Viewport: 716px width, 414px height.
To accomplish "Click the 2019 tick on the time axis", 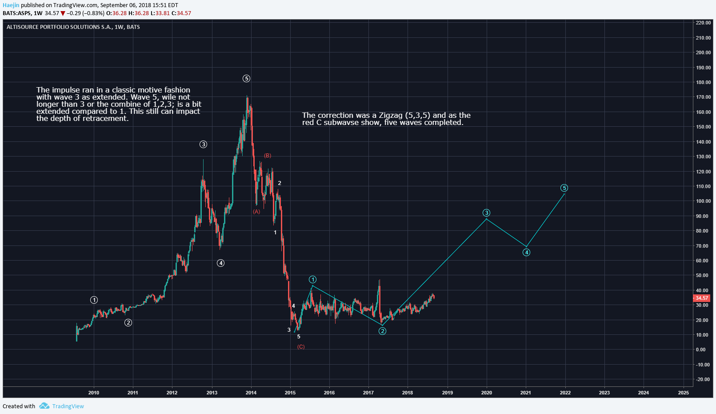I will point(447,393).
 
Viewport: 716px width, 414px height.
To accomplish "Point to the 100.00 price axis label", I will point(703,201).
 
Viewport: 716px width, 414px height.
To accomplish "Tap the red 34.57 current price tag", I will point(702,298).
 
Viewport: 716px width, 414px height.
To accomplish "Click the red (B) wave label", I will point(268,156).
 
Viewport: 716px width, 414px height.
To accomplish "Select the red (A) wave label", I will point(256,212).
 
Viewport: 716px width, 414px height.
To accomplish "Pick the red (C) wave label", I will point(301,347).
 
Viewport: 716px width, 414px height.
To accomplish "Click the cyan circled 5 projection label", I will point(564,188).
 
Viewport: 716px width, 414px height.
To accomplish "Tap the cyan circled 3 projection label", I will point(487,213).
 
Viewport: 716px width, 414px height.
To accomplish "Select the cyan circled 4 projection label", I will point(526,253).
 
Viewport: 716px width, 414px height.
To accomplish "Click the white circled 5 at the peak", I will point(246,79).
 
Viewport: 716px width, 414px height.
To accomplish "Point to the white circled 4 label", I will point(220,263).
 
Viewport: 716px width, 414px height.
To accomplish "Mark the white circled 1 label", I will point(94,300).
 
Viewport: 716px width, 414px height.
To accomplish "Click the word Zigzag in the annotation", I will point(391,115).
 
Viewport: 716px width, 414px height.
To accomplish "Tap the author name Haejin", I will point(11,5).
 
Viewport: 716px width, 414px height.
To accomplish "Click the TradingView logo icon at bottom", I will point(44,406).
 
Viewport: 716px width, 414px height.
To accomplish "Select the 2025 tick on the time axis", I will point(683,393).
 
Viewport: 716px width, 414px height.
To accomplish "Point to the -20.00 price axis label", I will point(703,379).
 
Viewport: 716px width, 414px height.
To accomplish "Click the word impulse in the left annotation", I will point(65,90).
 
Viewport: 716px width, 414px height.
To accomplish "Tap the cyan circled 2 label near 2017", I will point(382,331).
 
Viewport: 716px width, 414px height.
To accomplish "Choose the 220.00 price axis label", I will point(703,23).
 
